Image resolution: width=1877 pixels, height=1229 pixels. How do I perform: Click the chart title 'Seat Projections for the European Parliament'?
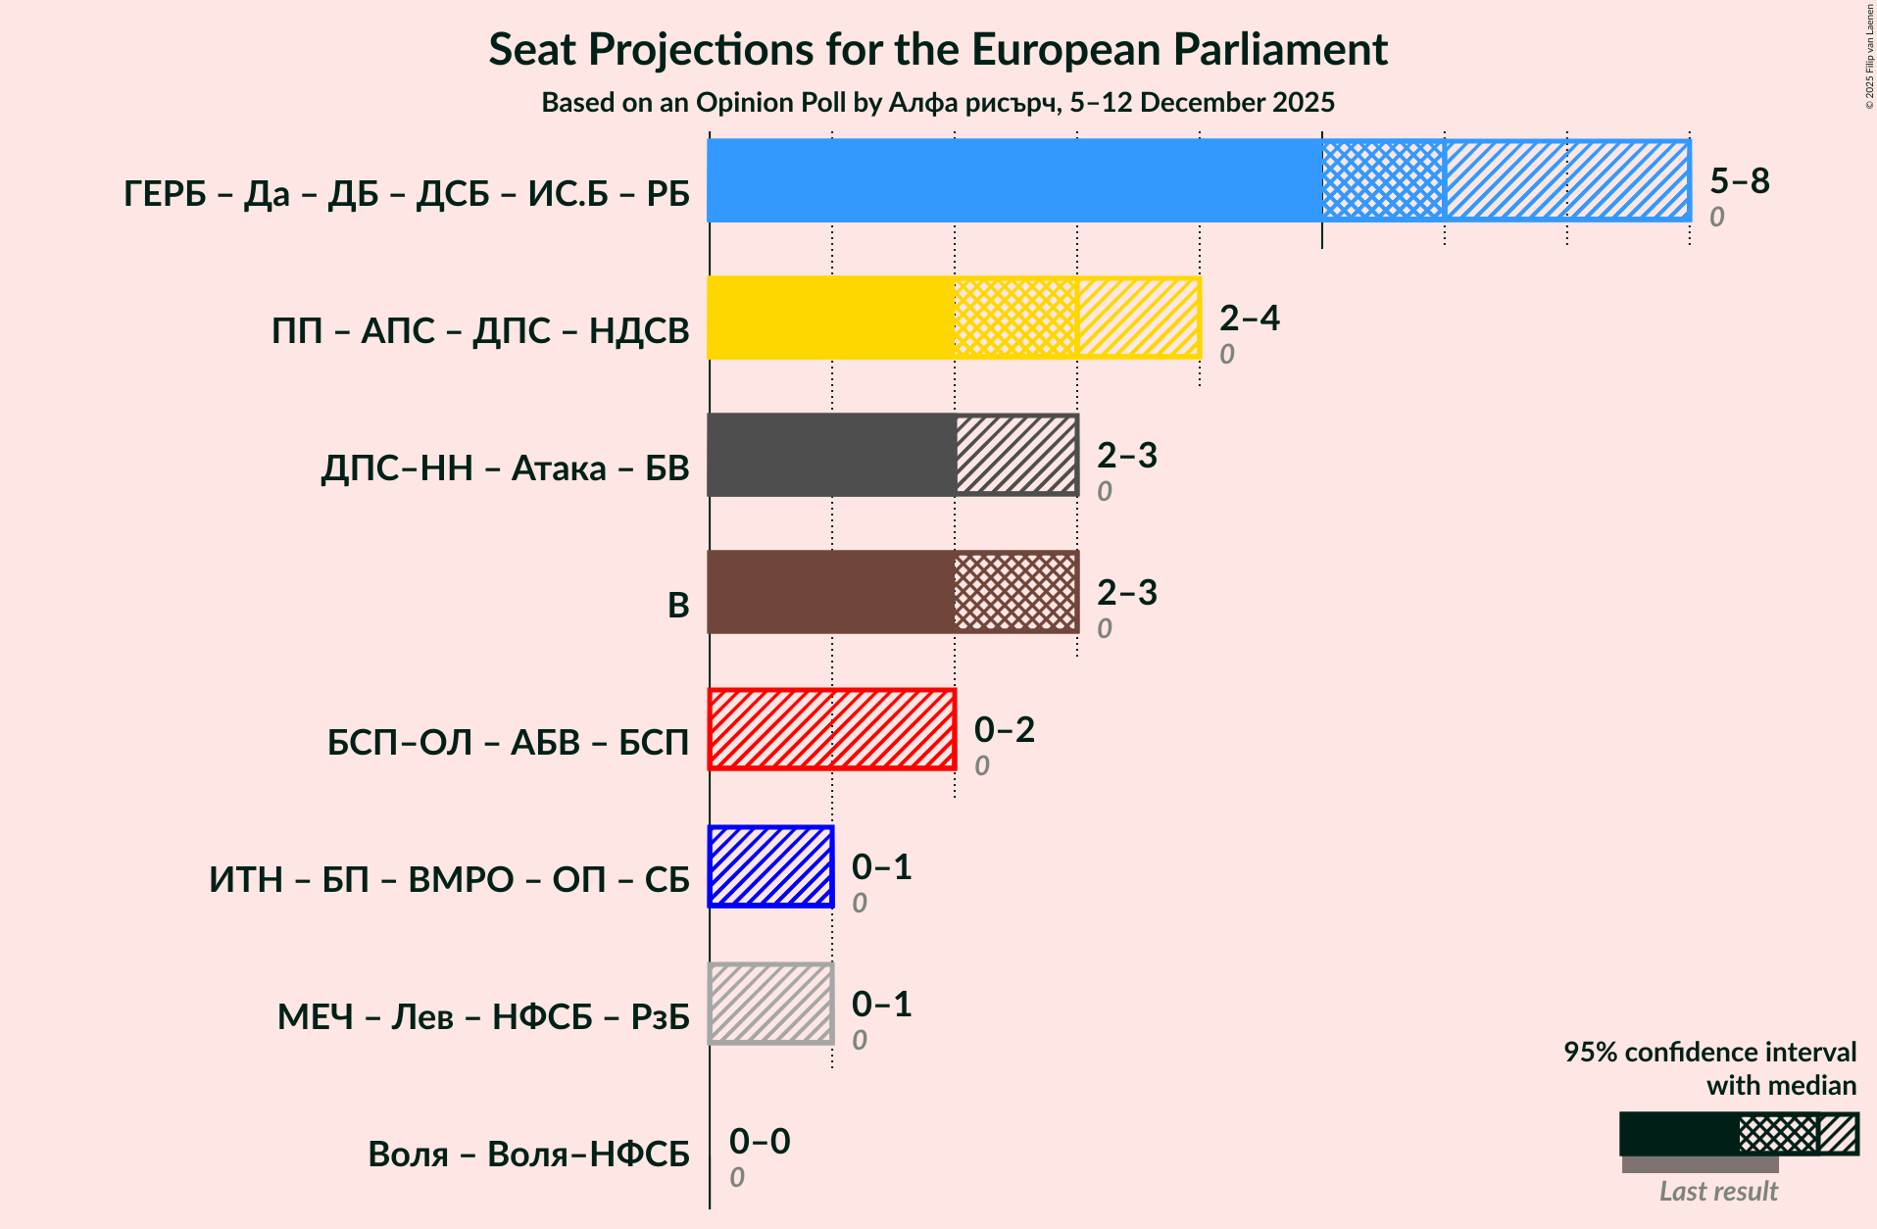938,49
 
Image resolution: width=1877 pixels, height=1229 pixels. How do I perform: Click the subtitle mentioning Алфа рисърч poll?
938,103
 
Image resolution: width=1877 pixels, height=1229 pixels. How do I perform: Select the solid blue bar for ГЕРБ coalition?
1014,180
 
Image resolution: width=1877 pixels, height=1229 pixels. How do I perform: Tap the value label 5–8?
1740,180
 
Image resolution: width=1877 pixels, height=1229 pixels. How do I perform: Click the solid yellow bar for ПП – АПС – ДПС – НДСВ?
830,318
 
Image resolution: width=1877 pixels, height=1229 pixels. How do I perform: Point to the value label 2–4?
1249,318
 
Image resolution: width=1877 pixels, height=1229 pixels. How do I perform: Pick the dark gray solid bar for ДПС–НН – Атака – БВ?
831,455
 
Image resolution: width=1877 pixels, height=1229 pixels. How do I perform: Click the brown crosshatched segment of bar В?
1015,592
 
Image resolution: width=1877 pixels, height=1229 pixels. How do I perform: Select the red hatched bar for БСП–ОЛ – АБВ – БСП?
831,729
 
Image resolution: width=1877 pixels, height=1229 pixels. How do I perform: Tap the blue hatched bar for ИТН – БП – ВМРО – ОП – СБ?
770,866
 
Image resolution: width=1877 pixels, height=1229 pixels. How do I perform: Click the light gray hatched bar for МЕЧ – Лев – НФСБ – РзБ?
770,1004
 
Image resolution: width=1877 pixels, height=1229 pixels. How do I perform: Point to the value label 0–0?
760,1141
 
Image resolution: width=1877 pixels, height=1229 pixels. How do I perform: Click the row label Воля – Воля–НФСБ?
528,1154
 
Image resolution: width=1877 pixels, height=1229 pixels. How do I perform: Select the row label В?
678,605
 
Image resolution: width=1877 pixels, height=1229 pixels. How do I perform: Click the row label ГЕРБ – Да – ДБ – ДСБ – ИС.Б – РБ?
407,193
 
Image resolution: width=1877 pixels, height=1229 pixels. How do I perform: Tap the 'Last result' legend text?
1718,1191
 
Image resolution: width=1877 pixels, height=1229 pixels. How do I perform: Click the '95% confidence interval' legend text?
1709,1053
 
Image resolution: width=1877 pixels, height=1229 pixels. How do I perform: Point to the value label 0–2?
1004,729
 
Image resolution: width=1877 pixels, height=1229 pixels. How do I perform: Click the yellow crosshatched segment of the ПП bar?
1015,318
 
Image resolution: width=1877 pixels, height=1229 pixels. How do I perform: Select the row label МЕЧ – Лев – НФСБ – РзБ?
483,1016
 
